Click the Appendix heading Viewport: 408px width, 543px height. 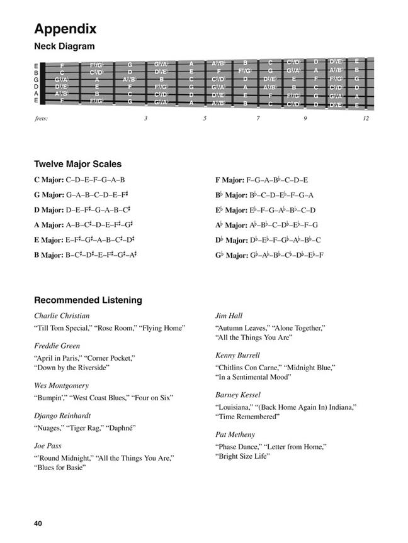tap(65, 28)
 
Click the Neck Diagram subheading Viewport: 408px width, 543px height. tap(64, 46)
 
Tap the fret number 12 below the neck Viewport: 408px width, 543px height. tap(366, 118)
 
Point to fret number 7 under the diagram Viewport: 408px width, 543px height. tap(258, 118)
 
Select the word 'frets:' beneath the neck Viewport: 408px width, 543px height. tap(41, 118)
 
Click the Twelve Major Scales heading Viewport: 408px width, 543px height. tap(77, 164)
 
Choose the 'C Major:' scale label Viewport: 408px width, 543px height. tap(49, 180)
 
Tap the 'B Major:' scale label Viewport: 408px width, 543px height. tap(49, 255)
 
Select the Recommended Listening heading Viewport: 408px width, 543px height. tap(88, 300)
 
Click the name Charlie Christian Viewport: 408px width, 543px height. tap(62, 315)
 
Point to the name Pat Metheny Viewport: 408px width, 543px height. tap(235, 434)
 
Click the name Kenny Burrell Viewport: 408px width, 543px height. tap(237, 355)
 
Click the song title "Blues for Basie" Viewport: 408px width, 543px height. tap(60, 468)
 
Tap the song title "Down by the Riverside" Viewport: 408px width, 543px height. tap(72, 367)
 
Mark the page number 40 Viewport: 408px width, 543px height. tap(40, 523)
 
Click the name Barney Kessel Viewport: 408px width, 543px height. tap(237, 395)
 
